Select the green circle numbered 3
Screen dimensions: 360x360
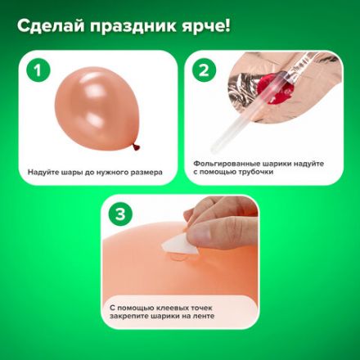120,215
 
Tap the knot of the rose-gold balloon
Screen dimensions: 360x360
137,148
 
